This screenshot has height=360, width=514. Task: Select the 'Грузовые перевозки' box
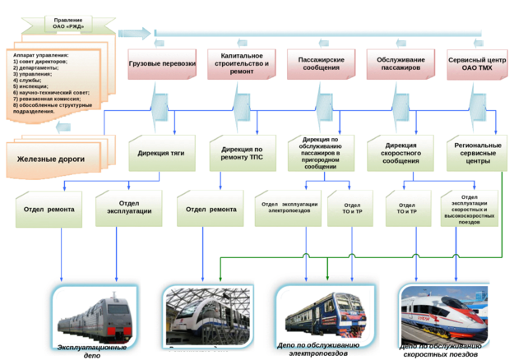tap(161, 62)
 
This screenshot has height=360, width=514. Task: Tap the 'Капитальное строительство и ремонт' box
tap(240, 62)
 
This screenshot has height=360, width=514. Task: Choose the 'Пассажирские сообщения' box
tap(318, 62)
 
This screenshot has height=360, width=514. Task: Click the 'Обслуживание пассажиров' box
tap(399, 62)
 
